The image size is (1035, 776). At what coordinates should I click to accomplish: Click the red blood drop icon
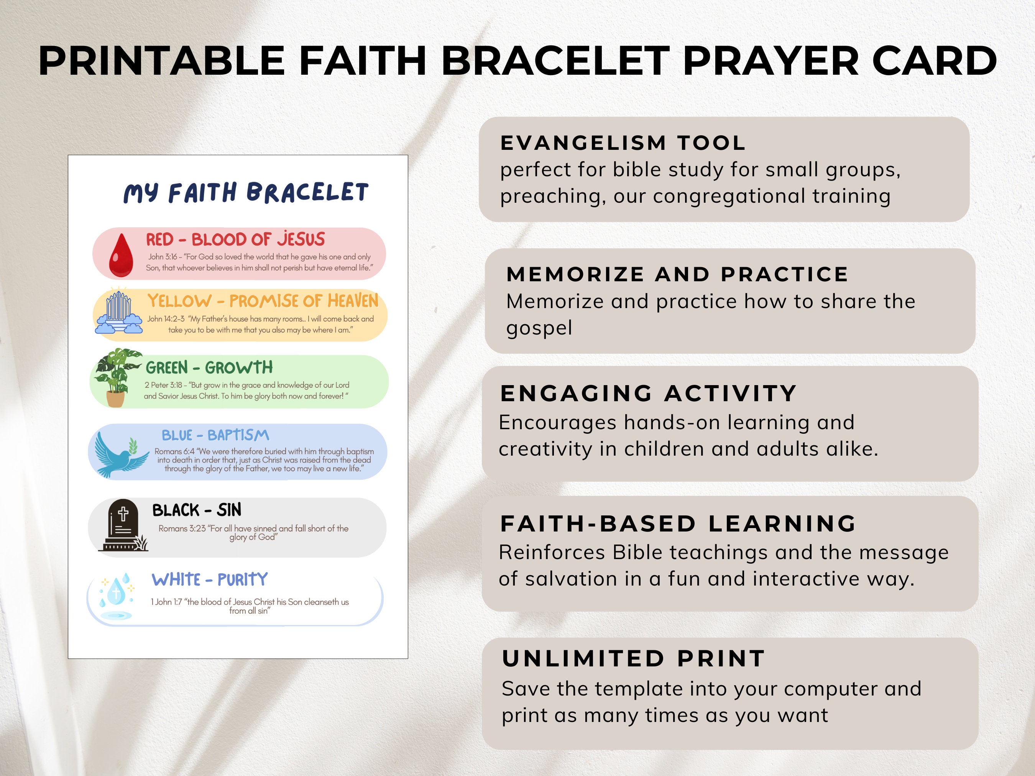tap(121, 255)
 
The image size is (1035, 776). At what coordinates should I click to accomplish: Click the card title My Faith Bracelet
tap(246, 193)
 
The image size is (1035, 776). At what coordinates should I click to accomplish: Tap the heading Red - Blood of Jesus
tap(235, 240)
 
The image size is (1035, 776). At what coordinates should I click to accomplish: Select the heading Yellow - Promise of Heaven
tap(263, 301)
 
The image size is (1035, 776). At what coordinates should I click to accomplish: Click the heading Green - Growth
tap(209, 367)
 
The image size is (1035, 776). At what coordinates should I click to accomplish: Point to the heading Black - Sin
tap(197, 510)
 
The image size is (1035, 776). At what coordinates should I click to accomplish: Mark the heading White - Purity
tap(210, 579)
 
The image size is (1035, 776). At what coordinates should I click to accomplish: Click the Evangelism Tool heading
tap(623, 143)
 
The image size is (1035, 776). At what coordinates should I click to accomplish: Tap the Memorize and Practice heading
tap(677, 274)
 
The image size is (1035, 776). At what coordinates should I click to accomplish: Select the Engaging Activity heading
tap(649, 394)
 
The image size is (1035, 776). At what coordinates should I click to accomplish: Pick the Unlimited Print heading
tap(634, 659)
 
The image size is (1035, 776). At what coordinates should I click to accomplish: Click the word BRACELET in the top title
tap(555, 61)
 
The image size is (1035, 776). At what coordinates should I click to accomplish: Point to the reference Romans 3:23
tap(182, 528)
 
